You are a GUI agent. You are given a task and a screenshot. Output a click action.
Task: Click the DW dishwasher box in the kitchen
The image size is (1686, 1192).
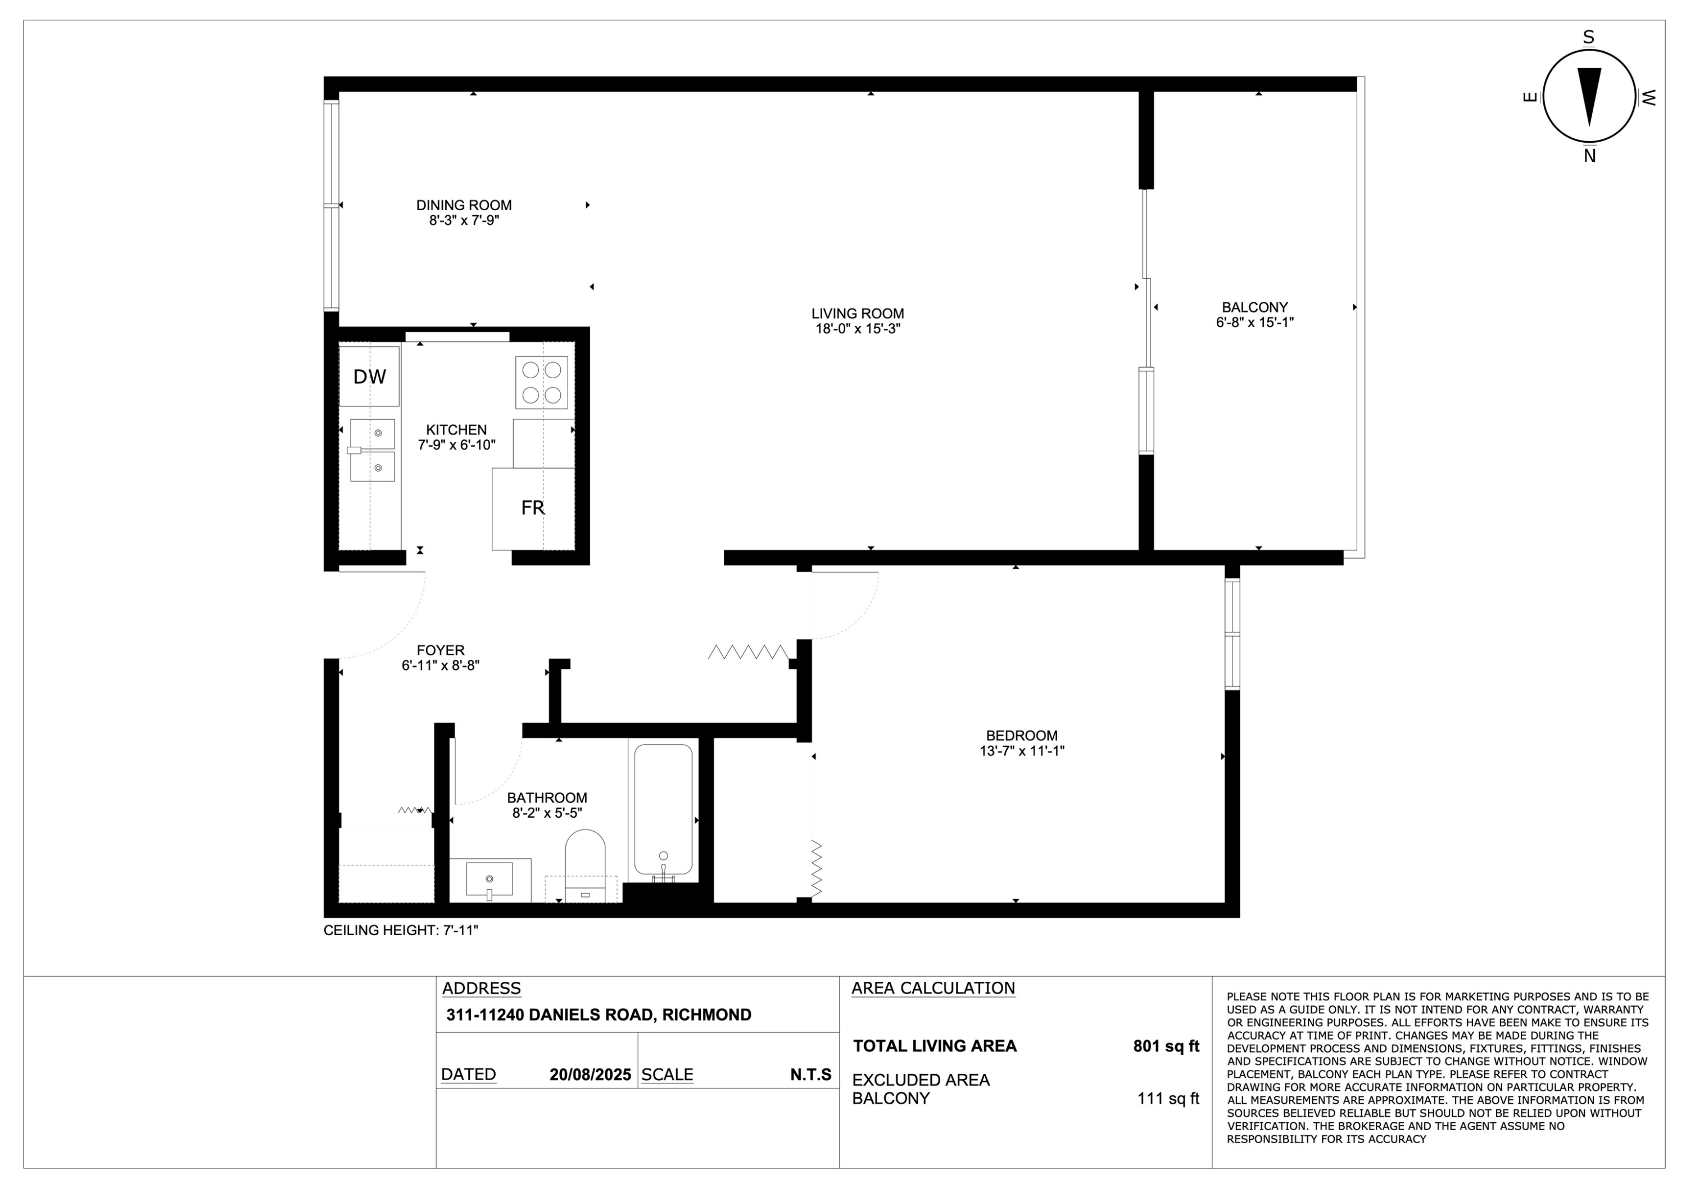point(369,376)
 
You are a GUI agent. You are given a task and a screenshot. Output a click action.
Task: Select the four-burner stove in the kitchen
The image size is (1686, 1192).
point(541,383)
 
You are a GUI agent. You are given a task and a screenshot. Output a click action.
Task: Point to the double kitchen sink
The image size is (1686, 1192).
point(372,450)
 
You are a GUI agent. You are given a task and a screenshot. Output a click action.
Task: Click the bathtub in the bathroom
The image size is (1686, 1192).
point(663,809)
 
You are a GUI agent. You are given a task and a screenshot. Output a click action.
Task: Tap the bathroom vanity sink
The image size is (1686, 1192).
point(490,880)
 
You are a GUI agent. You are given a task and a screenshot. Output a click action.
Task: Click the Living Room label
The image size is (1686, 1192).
point(857,314)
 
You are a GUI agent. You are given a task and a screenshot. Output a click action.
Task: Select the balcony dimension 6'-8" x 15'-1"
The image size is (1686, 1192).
point(1254,323)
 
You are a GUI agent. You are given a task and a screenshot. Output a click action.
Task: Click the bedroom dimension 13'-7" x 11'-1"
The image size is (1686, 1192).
point(1022,751)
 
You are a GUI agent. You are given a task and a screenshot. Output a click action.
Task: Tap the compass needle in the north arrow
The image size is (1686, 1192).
point(1589,96)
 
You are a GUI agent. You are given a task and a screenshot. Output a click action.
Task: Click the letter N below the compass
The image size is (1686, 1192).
point(1589,156)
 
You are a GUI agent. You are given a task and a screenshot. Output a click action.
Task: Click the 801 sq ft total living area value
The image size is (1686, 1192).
point(1166,1046)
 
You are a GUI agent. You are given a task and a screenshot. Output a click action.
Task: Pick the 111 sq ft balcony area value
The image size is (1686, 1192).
point(1168,1099)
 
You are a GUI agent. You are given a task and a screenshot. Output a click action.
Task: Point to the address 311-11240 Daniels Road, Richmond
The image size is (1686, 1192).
point(599,1015)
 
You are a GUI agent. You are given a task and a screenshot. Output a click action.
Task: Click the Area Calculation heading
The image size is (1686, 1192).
point(932,989)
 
